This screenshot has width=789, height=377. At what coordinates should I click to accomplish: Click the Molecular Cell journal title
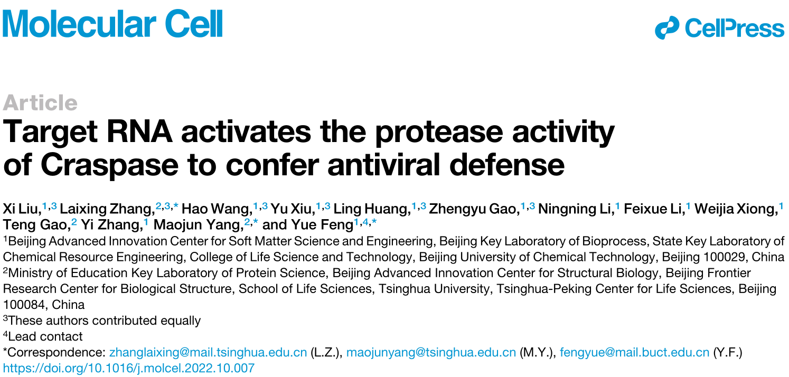112,23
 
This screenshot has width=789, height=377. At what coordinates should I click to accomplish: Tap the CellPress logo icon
667,27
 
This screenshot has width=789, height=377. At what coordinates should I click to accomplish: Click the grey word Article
40,103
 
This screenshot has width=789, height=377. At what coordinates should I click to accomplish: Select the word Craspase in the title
109,165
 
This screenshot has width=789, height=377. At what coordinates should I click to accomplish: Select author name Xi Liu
22,209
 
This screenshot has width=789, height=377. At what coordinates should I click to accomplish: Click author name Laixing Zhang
107,209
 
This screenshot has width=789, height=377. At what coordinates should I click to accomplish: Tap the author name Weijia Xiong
736,209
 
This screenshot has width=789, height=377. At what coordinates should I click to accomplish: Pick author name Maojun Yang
199,224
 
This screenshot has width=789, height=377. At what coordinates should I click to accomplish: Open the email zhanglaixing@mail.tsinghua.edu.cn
208,352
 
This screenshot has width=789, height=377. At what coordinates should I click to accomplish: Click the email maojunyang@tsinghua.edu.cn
431,352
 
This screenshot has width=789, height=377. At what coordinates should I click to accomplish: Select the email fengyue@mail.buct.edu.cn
634,352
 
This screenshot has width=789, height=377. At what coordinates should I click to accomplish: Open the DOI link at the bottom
128,368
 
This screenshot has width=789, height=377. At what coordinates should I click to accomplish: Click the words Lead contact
45,336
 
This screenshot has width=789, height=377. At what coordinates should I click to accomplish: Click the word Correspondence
57,352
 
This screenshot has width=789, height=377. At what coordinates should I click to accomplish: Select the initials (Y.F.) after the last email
728,352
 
